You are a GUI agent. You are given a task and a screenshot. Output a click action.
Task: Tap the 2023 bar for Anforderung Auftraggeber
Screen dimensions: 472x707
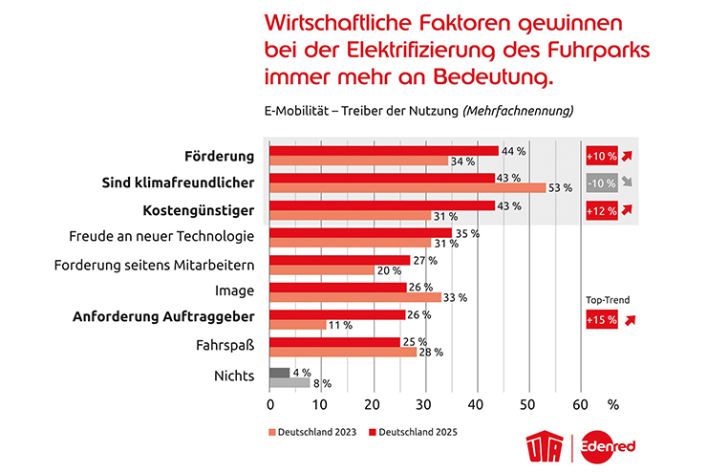[x=298, y=325]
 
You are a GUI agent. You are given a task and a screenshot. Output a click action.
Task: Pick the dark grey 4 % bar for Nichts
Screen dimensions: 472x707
[x=280, y=373]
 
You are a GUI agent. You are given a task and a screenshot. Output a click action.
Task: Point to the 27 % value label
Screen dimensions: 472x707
[x=425, y=261]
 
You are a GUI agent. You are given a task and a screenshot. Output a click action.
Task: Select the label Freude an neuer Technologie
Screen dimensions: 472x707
[x=161, y=236]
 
